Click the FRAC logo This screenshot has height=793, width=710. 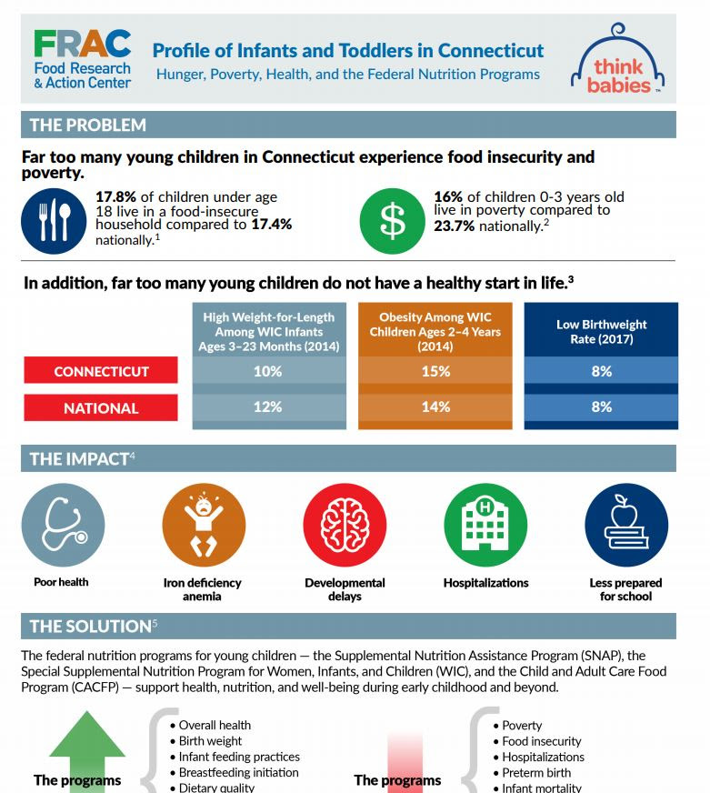click(82, 59)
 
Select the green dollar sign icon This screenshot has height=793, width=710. click(392, 220)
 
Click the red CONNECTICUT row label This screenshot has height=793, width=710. click(101, 371)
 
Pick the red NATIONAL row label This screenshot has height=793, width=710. click(101, 408)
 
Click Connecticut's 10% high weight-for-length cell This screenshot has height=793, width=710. click(268, 371)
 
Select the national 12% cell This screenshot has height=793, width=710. click(268, 407)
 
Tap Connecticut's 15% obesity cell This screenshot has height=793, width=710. click(435, 371)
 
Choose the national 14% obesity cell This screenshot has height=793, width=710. click(435, 407)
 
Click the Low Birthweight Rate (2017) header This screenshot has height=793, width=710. click(601, 331)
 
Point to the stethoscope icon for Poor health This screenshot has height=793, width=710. click(62, 525)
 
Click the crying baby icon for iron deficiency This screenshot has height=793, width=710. click(203, 525)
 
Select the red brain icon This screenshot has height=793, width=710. click(345, 525)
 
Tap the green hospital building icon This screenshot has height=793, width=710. click(485, 525)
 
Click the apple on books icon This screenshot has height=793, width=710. click(626, 525)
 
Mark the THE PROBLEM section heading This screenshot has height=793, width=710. click(87, 125)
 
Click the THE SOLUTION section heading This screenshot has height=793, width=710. click(91, 626)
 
